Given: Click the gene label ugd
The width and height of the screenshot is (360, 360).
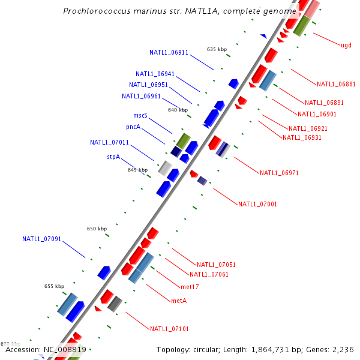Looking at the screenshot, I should click(346, 45).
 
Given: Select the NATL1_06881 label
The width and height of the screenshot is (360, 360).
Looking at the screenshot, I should click(336, 84).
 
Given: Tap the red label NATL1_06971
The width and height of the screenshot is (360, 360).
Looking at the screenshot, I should click(279, 173).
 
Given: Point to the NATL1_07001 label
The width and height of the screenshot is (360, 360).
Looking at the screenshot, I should click(257, 204).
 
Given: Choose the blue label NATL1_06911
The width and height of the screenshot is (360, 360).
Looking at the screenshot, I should click(169, 52).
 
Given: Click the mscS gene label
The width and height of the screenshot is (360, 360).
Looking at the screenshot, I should click(140, 115).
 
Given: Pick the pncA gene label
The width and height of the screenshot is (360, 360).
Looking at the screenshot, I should click(133, 127).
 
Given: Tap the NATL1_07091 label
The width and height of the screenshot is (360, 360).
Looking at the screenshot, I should click(42, 239).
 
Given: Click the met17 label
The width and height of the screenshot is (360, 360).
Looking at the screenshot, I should click(190, 287).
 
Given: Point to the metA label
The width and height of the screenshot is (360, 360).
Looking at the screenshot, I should click(179, 300).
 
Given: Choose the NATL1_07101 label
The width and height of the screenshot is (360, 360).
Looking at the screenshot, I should click(169, 329).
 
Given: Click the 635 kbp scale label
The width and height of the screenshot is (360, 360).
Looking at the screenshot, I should click(217, 49).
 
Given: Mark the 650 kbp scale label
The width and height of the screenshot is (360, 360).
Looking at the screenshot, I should click(97, 229).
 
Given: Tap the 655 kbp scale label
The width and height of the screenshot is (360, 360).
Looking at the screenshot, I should click(54, 286).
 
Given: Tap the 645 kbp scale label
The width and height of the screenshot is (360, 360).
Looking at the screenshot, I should click(137, 170).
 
